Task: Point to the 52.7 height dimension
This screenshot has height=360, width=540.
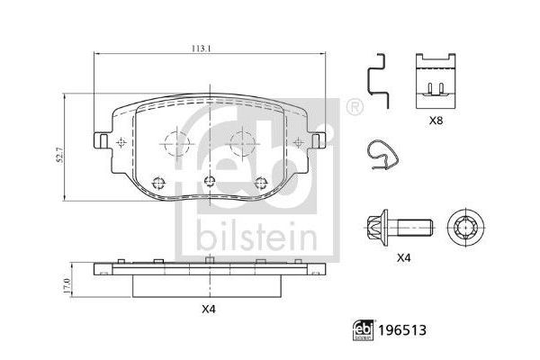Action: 60,156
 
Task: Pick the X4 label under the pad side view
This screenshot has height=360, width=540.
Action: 209,310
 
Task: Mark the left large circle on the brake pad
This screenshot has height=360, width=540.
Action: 173,142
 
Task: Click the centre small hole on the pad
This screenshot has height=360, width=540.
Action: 208,181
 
